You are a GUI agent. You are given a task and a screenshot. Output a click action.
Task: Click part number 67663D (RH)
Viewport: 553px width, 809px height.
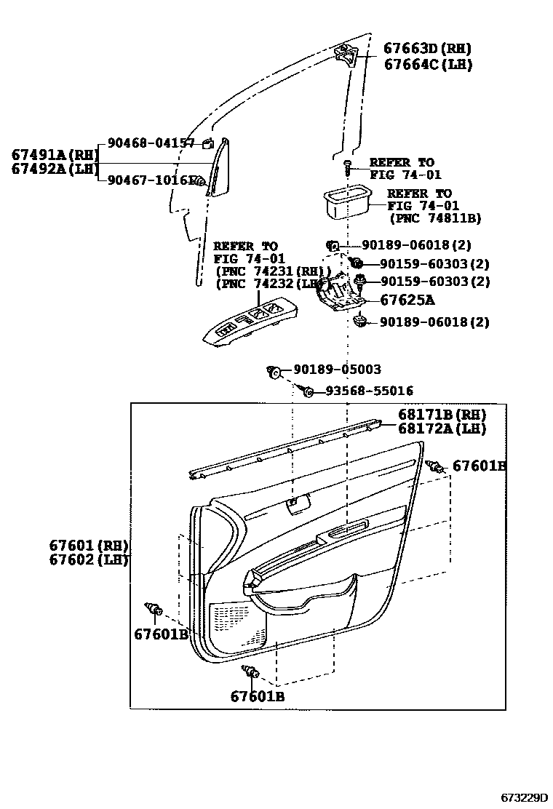pyautogui.click(x=427, y=49)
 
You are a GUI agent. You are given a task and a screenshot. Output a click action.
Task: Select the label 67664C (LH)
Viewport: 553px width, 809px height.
pyautogui.click(x=428, y=65)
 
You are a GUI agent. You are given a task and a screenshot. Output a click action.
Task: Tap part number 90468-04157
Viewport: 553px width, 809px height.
pyautogui.click(x=151, y=143)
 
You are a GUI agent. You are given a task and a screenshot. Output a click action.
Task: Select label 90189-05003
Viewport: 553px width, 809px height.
pyautogui.click(x=337, y=370)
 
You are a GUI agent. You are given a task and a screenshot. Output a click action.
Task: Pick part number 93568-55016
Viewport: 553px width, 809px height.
pyautogui.click(x=369, y=391)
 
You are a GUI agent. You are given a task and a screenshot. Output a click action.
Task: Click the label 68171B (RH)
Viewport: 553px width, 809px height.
pyautogui.click(x=442, y=415)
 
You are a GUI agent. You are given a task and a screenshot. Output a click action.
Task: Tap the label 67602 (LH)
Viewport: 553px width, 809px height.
pyautogui.click(x=89, y=559)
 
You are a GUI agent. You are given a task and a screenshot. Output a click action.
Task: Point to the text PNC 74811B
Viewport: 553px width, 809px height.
pyautogui.click(x=435, y=218)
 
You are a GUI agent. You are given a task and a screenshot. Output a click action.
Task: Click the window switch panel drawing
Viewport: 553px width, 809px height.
pyautogui.click(x=250, y=322)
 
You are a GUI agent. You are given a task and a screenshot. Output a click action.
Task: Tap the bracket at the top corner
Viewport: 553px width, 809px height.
pyautogui.click(x=347, y=53)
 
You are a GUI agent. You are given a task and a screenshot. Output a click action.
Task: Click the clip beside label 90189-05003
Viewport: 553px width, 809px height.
pyautogui.click(x=274, y=372)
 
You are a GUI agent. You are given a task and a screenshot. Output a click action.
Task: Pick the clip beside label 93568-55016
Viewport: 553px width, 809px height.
pyautogui.click(x=307, y=391)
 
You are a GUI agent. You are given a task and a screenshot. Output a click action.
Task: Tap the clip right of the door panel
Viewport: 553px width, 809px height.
pyautogui.click(x=436, y=466)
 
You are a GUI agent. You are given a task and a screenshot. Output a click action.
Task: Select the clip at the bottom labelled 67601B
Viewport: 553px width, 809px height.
pyautogui.click(x=250, y=673)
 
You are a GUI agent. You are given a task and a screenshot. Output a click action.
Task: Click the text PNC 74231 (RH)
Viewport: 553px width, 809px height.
pyautogui.click(x=269, y=271)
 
